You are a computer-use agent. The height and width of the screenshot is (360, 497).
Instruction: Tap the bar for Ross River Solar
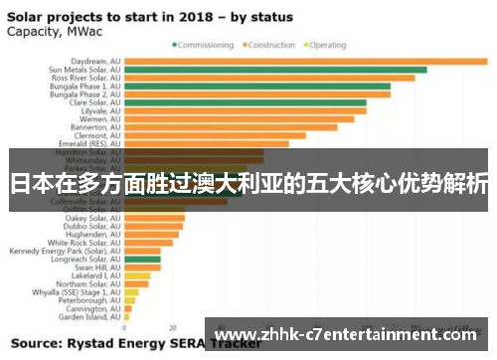click(x=268, y=78)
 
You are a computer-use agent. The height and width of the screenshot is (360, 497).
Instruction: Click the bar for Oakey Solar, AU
click(x=154, y=218)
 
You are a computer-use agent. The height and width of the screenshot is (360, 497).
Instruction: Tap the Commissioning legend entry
click(x=207, y=45)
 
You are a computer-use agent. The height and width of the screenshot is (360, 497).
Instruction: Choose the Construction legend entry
click(x=268, y=45)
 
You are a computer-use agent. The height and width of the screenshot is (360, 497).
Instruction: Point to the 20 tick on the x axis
click(x=173, y=327)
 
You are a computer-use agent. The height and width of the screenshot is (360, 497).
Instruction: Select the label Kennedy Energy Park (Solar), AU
click(x=65, y=251)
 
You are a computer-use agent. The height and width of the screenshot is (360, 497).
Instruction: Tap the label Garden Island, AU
click(x=89, y=317)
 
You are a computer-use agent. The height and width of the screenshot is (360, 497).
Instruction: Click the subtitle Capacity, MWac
click(x=48, y=30)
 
